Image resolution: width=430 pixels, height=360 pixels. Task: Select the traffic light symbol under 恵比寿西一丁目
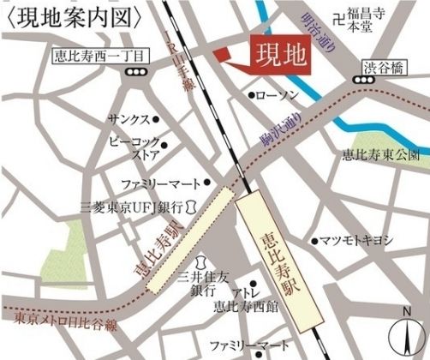pos(134,73)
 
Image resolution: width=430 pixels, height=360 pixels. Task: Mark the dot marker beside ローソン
pos(251,95)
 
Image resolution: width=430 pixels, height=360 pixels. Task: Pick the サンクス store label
pos(128,119)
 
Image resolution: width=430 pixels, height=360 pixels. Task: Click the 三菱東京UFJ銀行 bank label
pos(132,207)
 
